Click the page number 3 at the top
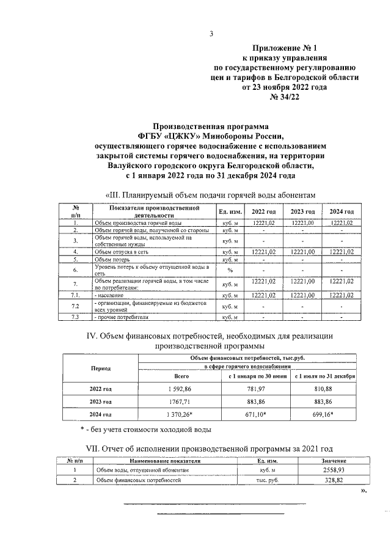210,34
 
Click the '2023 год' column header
302,211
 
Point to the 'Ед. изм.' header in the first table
231,211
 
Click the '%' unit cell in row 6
231,269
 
